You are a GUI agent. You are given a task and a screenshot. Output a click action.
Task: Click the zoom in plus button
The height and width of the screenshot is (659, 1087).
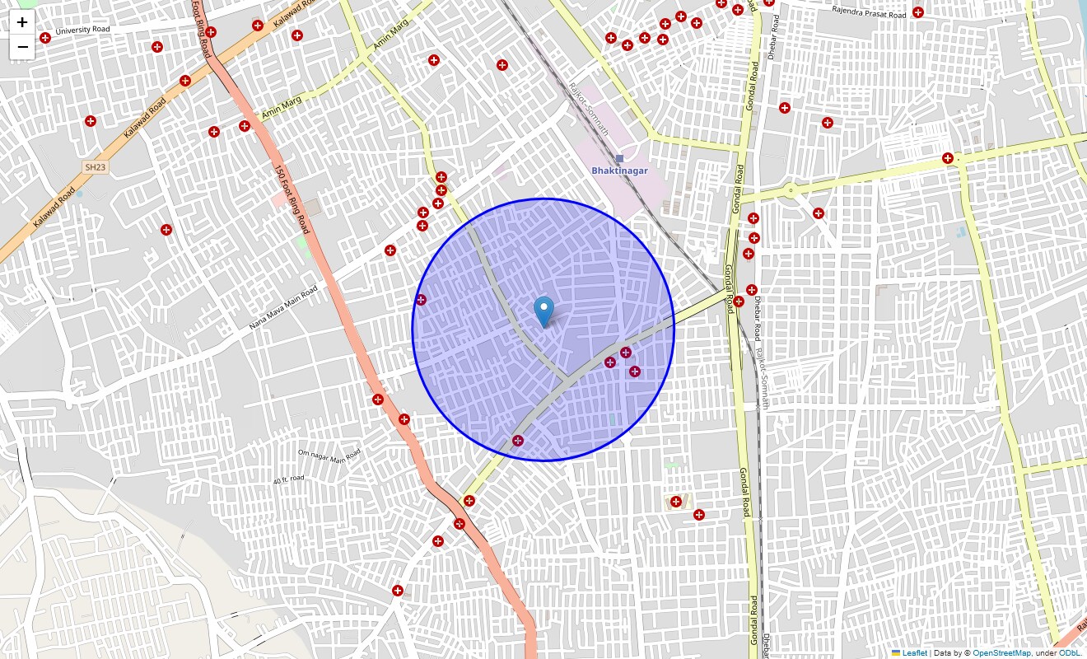(22, 22)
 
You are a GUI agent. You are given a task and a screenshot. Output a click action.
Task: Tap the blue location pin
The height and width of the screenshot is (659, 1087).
(543, 311)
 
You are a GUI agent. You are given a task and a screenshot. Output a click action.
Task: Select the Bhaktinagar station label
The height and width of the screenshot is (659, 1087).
(619, 171)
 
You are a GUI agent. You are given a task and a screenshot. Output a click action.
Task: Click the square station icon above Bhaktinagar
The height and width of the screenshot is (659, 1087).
(619, 158)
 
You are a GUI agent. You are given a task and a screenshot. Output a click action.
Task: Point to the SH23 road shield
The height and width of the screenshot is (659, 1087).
(95, 167)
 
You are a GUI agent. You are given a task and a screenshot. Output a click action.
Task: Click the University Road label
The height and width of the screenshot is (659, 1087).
(82, 31)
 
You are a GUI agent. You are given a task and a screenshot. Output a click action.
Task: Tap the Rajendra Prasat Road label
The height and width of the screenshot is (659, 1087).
(869, 12)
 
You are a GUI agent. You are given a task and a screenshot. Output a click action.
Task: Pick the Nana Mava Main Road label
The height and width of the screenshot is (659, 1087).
(283, 308)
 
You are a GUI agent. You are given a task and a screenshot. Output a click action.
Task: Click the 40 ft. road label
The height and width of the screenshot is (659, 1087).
(288, 479)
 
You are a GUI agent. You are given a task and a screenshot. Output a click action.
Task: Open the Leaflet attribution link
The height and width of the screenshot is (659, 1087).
(914, 653)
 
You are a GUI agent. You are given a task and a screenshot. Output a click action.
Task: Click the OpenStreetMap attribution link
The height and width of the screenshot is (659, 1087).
(1001, 653)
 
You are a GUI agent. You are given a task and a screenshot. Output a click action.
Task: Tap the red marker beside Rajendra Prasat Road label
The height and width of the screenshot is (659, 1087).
(918, 12)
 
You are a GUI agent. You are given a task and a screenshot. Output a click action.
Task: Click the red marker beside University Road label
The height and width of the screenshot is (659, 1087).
(45, 38)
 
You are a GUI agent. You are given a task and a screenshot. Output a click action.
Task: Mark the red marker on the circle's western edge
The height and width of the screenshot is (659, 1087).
(421, 300)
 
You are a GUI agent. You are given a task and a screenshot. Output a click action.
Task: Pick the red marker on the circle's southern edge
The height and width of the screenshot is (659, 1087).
(518, 441)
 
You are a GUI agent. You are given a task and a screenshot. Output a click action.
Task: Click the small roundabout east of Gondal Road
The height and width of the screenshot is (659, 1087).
(790, 191)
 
